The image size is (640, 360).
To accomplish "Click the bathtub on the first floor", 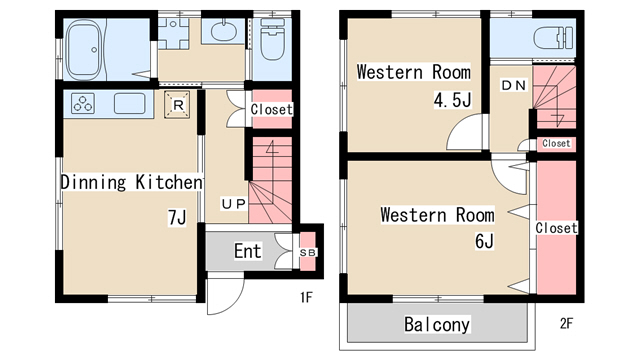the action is coord(84,50).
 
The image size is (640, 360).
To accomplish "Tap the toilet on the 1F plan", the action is coord(273,40).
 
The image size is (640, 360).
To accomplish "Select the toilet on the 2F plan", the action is coord(553,38).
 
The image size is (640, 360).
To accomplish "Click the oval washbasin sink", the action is coord(223,32).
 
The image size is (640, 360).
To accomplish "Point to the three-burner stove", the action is coord(83,103).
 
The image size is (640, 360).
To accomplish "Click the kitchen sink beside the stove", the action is coord(129,104).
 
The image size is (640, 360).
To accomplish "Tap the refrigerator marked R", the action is coord(177,105).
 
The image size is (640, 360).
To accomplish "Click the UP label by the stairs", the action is coord(233,204).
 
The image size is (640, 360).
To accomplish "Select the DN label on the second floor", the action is coord(513,85).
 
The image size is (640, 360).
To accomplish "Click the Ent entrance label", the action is coord(247,251).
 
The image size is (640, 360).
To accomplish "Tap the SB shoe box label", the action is coord(307,253).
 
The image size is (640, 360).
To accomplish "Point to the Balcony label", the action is coord(437,324).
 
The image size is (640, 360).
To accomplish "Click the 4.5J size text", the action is coord(452,100).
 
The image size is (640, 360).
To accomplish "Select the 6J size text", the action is coord(484,241).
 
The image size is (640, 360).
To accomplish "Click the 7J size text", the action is coord(177,218).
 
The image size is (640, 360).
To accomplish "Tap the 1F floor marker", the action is coord(306,298).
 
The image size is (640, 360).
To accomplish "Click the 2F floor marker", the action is coord(566,324).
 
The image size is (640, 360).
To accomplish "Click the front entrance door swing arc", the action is coord(236,302).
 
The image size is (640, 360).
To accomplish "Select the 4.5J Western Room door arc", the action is coord(456,125).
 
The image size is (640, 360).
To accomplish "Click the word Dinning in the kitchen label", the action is coord(93,182).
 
